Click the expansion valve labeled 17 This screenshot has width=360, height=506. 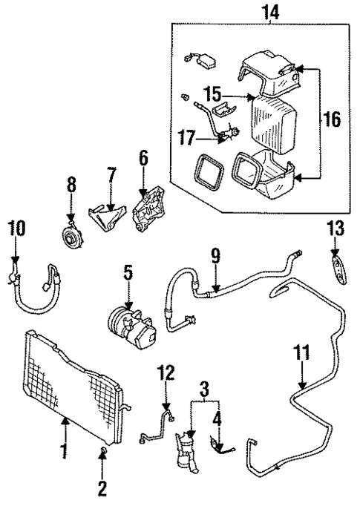point(232,134)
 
